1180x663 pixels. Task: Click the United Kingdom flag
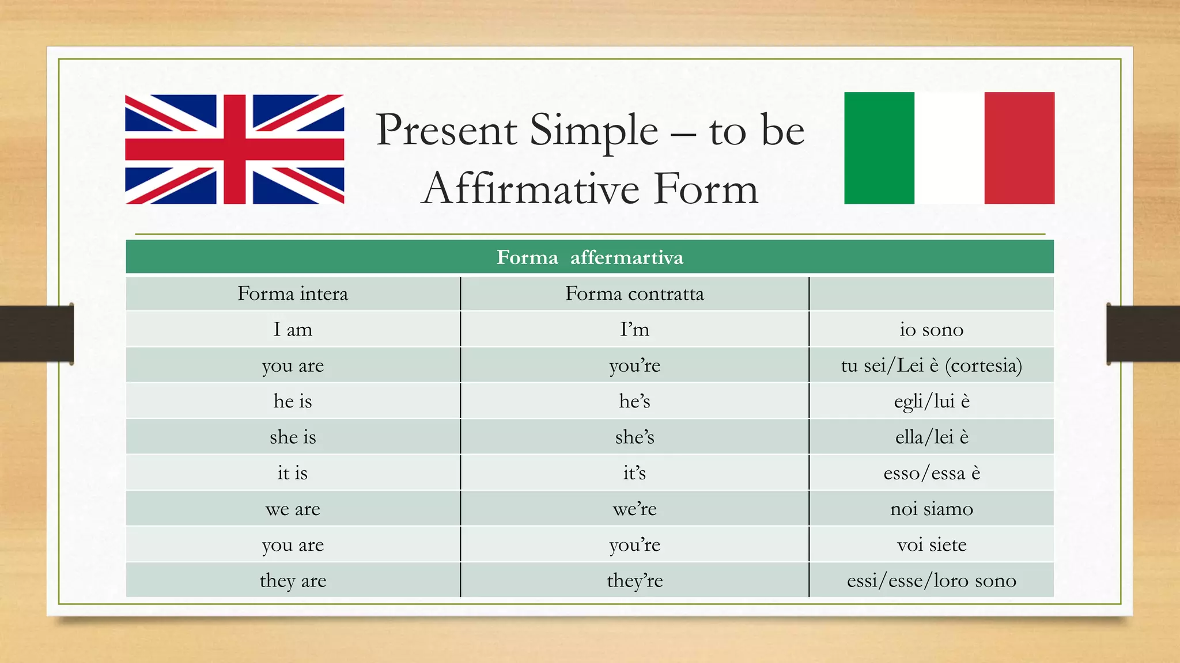click(235, 149)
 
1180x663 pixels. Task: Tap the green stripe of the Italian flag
click(879, 148)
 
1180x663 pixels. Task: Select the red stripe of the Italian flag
click(1019, 148)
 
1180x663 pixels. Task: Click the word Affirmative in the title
click(531, 189)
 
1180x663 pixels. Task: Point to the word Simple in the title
click(593, 130)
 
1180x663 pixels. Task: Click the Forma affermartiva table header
click(589, 257)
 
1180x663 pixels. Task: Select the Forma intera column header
click(293, 294)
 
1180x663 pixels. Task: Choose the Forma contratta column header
click(634, 294)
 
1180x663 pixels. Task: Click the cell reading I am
click(293, 330)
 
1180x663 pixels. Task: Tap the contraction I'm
click(634, 330)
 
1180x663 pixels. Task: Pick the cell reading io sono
click(931, 330)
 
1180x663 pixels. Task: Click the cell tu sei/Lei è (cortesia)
click(931, 365)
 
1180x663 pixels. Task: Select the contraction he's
click(634, 401)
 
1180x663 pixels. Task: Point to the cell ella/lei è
click(931, 437)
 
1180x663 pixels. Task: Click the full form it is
click(293, 473)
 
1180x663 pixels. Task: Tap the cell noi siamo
click(931, 509)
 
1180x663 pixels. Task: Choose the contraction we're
click(634, 509)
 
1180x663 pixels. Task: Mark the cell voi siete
click(931, 544)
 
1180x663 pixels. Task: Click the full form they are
click(293, 581)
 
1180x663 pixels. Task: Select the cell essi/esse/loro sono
click(931, 581)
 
